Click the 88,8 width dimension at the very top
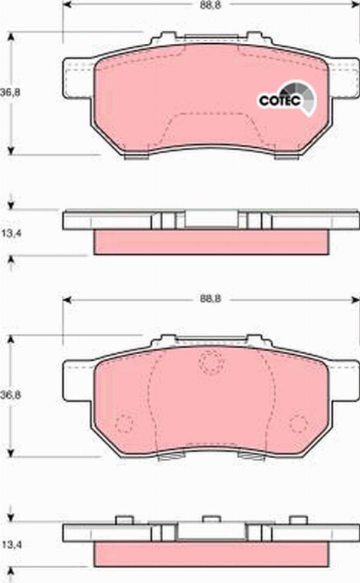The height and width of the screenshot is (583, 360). point(210,5)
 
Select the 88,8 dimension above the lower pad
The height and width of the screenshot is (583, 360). point(210,298)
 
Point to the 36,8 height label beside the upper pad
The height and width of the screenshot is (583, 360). point(10,92)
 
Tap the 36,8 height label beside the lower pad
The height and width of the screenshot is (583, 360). point(10,395)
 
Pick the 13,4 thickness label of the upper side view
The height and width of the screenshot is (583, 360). point(11,233)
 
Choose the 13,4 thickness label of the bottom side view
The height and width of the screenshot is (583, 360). point(11,545)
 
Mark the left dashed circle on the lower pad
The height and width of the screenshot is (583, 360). point(124,423)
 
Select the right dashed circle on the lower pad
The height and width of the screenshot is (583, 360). point(298,423)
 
